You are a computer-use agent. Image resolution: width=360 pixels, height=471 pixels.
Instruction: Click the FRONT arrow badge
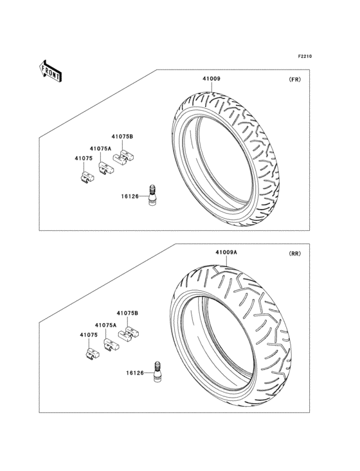point(51,70)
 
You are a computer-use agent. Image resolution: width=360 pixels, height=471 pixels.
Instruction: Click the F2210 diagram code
point(304,57)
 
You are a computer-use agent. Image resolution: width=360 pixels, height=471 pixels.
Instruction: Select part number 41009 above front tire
point(212,79)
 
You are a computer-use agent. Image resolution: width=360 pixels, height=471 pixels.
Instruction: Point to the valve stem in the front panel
point(154,195)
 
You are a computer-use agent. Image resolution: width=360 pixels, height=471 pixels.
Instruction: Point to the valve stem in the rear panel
point(156,373)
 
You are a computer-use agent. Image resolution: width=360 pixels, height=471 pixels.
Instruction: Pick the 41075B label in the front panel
point(122,136)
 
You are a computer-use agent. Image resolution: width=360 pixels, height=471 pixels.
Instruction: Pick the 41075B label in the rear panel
point(127,313)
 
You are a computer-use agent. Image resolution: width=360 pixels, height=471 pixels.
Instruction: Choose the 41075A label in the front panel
point(100,149)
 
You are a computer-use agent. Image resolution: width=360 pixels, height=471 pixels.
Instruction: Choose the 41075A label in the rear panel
point(105,326)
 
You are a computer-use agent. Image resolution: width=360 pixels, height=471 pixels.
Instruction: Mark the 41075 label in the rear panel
point(89,335)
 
